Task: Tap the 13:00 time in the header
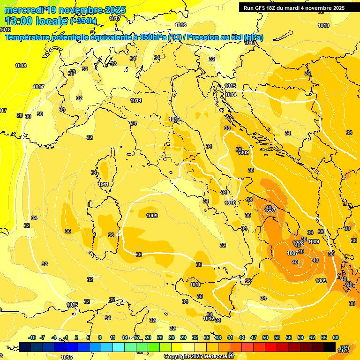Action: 18,21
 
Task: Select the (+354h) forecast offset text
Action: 83,21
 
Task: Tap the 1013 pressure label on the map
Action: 174,119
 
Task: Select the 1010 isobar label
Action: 230,203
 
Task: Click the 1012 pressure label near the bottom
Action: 209,318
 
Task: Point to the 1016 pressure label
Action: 180,25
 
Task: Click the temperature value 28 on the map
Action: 20,115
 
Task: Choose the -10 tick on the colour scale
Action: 32,337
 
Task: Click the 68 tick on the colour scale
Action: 336,337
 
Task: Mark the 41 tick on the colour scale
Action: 230,337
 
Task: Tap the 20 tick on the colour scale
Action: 148,337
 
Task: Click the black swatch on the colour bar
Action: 330,347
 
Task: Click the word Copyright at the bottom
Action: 177,356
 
